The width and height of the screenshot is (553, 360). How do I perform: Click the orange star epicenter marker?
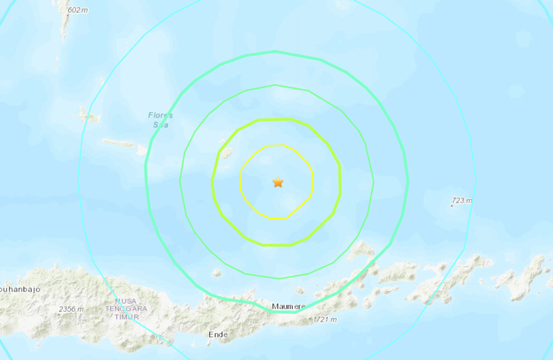tap(278, 182)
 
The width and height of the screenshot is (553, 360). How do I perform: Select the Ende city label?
tap(218, 335)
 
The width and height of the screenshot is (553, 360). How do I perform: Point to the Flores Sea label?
tap(160, 120)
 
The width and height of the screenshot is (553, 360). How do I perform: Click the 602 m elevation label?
tap(78, 10)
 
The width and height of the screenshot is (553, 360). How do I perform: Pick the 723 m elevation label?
tap(462, 200)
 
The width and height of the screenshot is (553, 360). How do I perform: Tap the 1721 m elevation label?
tap(325, 320)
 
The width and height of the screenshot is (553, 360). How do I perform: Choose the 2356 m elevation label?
tap(71, 310)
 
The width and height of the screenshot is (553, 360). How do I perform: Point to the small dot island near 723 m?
tap(452, 206)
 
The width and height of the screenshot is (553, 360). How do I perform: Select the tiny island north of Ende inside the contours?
tap(216, 273)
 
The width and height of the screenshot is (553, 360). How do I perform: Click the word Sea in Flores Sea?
tap(161, 125)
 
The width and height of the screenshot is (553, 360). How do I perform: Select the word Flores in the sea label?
tap(160, 115)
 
